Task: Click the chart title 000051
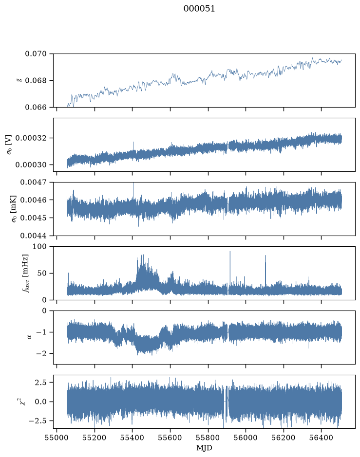click(x=199, y=9)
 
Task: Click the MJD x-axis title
click(x=204, y=448)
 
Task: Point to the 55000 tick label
click(x=57, y=438)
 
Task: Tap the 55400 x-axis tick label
click(x=132, y=438)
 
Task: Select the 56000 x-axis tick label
click(x=246, y=438)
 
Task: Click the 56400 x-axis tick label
click(x=321, y=438)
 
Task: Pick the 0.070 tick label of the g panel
click(x=36, y=54)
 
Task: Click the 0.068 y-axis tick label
click(x=36, y=80)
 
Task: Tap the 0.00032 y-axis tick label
click(x=31, y=138)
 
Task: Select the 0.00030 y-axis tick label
click(x=31, y=165)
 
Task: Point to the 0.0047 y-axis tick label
click(x=34, y=183)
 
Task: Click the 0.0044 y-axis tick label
click(x=34, y=236)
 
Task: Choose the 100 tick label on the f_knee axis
click(x=39, y=247)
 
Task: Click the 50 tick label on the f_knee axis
click(x=42, y=274)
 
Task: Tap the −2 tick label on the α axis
click(x=41, y=353)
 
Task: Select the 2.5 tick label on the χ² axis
click(x=40, y=383)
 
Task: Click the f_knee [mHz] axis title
click(x=25, y=273)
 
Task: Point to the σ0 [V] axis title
click(x=9, y=145)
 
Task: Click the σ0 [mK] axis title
click(x=14, y=209)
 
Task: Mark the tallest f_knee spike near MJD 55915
click(x=230, y=252)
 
